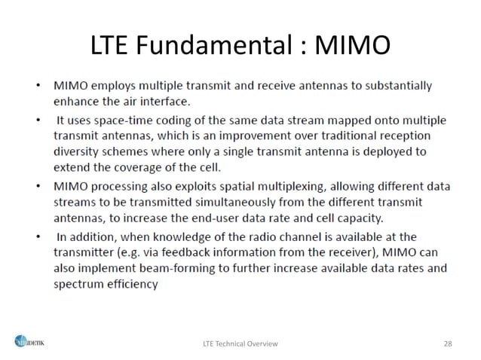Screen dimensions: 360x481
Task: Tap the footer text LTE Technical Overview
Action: [240, 343]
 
